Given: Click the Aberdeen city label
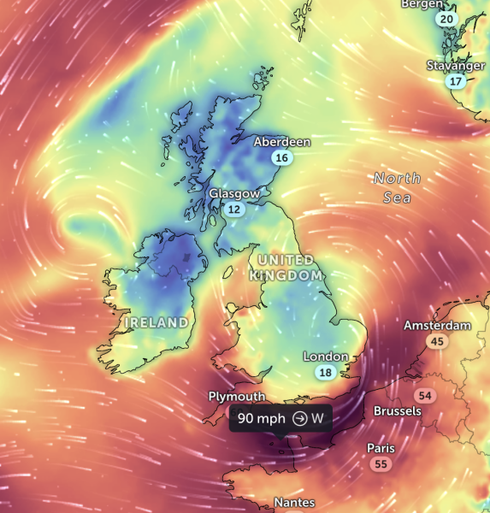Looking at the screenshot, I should tap(282, 142).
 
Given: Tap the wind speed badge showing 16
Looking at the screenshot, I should tap(282, 157).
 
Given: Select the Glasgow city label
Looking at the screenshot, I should tap(234, 194).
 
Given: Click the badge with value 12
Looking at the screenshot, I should tap(233, 209).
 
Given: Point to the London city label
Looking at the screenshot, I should tap(326, 357).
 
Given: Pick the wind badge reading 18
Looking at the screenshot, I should tap(325, 373).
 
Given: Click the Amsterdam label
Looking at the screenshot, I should tap(437, 326).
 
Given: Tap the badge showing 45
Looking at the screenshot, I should tap(438, 342).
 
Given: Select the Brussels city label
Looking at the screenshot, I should tap(398, 410).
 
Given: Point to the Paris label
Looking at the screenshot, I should tap(381, 448).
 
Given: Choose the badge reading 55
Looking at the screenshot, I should tap(381, 464).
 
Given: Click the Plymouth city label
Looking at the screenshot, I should tap(237, 397).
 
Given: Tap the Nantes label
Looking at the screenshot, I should tap(294, 503).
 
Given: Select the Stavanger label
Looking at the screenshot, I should tap(457, 66).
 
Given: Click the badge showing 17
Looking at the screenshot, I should tap(456, 82).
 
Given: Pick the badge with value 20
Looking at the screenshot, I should tap(446, 19).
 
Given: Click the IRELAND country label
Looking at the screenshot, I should tap(156, 322).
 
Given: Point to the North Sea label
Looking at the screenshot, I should tap(397, 187).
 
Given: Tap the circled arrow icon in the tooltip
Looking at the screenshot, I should tap(299, 418).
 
